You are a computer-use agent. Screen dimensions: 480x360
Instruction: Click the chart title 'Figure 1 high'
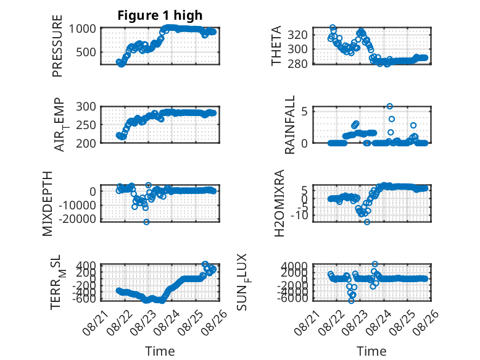[x=160, y=15]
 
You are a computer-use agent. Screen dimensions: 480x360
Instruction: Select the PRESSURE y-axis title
[x=57, y=46]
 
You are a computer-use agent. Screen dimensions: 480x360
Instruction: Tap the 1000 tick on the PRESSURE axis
[x=82, y=29]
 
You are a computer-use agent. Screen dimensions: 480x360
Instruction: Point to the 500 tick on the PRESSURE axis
[x=86, y=52]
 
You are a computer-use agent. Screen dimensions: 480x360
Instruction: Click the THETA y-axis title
[x=276, y=46]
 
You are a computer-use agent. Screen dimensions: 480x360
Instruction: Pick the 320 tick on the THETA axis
[x=297, y=35]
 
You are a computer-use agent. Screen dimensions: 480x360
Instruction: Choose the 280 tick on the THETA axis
[x=297, y=64]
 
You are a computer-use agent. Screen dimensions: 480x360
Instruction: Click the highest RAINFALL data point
[x=389, y=106]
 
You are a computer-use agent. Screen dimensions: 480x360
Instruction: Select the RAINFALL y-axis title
[x=289, y=125]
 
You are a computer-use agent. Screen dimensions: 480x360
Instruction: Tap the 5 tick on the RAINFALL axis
[x=304, y=111]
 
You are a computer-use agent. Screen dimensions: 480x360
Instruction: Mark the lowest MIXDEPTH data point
[x=146, y=222]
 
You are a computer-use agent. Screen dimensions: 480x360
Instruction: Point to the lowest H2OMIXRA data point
[x=366, y=222]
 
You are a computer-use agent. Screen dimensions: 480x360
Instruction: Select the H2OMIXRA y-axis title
[x=279, y=203]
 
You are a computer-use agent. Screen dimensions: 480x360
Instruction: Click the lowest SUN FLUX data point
[x=351, y=301]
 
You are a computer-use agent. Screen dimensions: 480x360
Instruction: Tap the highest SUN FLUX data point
[x=374, y=264]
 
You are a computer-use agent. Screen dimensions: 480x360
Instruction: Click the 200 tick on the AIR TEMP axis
[x=86, y=143]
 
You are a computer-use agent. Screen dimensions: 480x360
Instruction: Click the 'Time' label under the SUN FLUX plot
[x=371, y=351]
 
